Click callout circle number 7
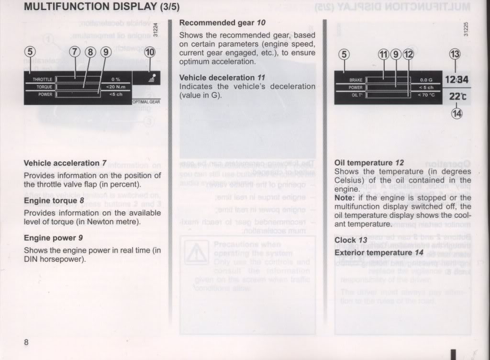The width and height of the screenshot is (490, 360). tap(75, 52)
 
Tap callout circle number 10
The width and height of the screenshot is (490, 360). tap(150, 52)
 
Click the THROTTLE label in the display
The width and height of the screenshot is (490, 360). tap(42, 79)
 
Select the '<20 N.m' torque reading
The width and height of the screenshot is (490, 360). tap(115, 87)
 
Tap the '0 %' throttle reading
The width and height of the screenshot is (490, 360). tap(115, 79)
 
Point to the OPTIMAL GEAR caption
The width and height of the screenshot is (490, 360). tap(146, 101)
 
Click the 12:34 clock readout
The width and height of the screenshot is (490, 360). tap(456, 79)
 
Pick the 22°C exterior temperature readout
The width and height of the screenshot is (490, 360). tap(457, 96)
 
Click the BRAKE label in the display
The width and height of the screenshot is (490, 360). tap(356, 80)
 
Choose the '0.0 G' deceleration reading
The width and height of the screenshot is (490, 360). tap(426, 80)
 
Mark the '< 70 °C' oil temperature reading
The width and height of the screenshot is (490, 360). tap(426, 95)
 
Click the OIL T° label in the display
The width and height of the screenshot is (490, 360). tap(356, 95)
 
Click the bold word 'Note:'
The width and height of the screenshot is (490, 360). tap(345, 198)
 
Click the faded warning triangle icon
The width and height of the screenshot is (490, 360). tap(197, 251)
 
